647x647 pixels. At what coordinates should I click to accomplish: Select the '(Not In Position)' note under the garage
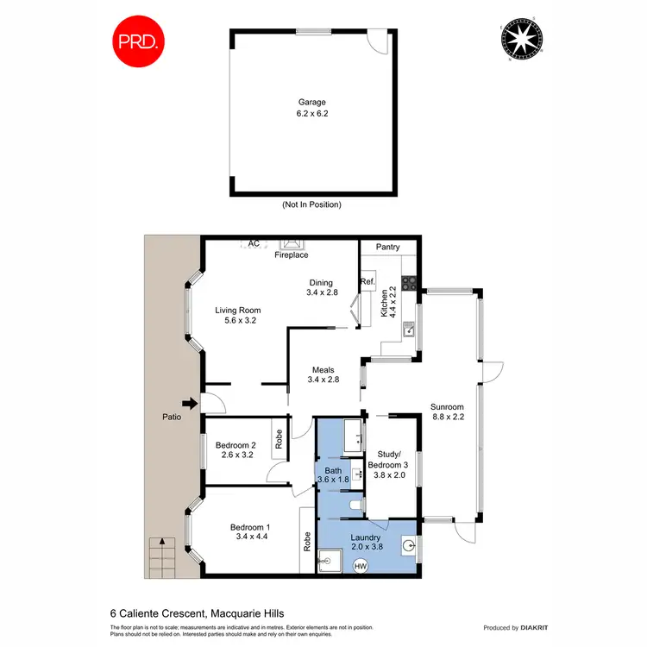coord(311,204)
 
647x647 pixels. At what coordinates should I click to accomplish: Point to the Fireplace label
coord(291,255)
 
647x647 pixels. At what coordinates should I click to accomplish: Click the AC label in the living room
coord(254,244)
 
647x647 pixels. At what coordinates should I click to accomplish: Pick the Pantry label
coord(388,248)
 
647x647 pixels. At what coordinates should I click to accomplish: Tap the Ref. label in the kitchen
coord(367,282)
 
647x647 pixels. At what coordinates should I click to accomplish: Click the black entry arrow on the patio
coord(187,402)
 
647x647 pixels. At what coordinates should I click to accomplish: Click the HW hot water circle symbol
coord(360,566)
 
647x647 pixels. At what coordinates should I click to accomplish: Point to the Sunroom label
coord(447,407)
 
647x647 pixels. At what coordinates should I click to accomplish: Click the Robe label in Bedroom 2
coord(280,435)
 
